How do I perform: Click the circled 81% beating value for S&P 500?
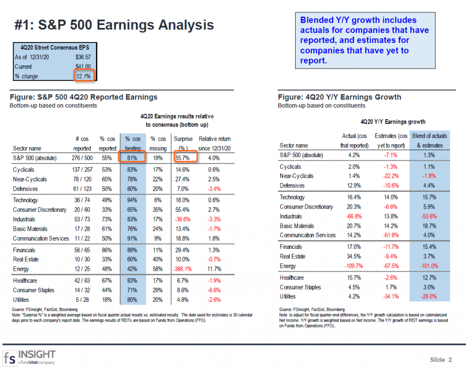(x=133, y=158)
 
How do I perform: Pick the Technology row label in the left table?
(x=26, y=200)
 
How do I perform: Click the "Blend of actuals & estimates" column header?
(x=430, y=141)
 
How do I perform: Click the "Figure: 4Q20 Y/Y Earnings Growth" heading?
(x=340, y=97)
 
